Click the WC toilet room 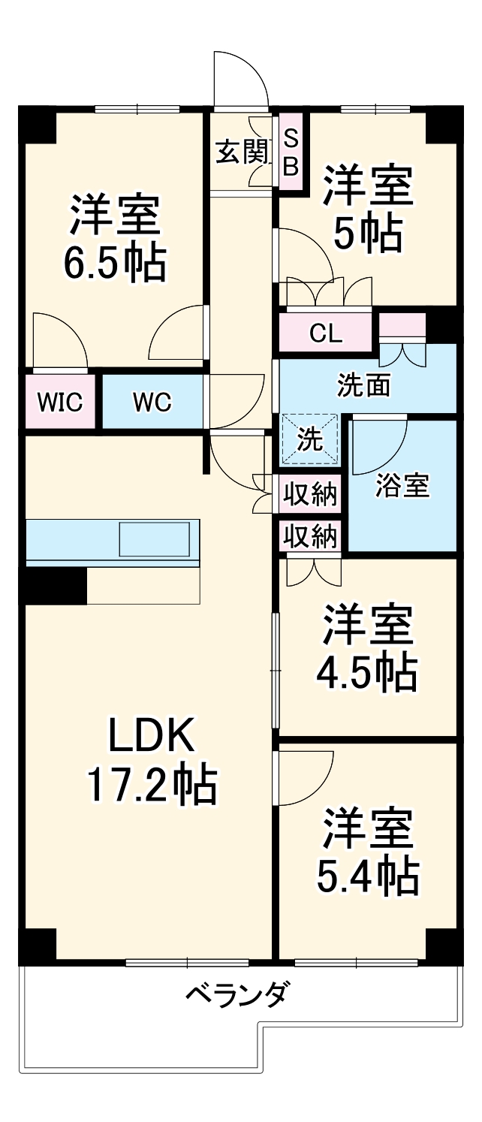tap(152, 402)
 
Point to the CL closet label tap(325, 333)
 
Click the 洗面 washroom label tap(363, 385)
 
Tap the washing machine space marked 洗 tap(310, 439)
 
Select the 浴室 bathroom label tap(402, 486)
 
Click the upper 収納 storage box tap(310, 495)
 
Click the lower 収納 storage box tap(310, 536)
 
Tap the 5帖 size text tap(368, 234)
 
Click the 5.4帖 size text tap(368, 875)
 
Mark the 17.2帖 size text tap(151, 786)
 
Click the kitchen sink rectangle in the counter tap(153, 540)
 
